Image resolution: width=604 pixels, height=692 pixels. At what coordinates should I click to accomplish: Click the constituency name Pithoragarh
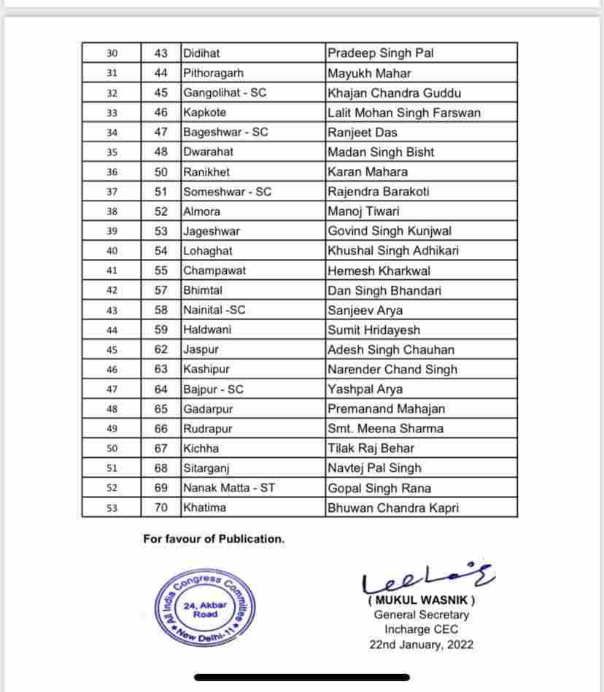[214, 73]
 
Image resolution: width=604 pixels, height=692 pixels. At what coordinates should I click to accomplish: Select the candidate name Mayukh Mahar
[369, 73]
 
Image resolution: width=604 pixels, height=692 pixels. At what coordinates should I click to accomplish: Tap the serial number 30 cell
[112, 53]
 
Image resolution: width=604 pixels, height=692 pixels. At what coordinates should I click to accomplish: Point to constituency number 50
[161, 172]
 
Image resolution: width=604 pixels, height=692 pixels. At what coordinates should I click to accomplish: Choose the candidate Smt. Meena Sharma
[385, 429]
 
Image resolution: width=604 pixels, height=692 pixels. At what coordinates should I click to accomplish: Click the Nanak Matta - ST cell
[229, 488]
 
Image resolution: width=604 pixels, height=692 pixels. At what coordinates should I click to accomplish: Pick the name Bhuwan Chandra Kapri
[393, 508]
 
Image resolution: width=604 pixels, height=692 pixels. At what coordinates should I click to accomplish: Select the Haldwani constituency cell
[207, 330]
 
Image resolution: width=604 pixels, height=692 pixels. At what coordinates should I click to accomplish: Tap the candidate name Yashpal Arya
[365, 389]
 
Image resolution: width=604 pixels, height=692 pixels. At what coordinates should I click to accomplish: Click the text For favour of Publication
[214, 539]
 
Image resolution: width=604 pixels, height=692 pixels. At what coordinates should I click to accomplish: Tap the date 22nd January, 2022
[421, 644]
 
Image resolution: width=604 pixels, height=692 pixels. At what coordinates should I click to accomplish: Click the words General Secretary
[422, 615]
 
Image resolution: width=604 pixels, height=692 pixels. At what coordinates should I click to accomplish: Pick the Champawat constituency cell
[214, 271]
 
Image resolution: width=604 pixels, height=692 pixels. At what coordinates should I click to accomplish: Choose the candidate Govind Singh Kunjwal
[390, 231]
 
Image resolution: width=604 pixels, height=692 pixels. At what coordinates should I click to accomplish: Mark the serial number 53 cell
[112, 508]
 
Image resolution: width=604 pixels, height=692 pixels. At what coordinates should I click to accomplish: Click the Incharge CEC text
[421, 629]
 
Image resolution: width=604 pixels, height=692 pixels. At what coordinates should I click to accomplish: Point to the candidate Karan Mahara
[368, 172]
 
